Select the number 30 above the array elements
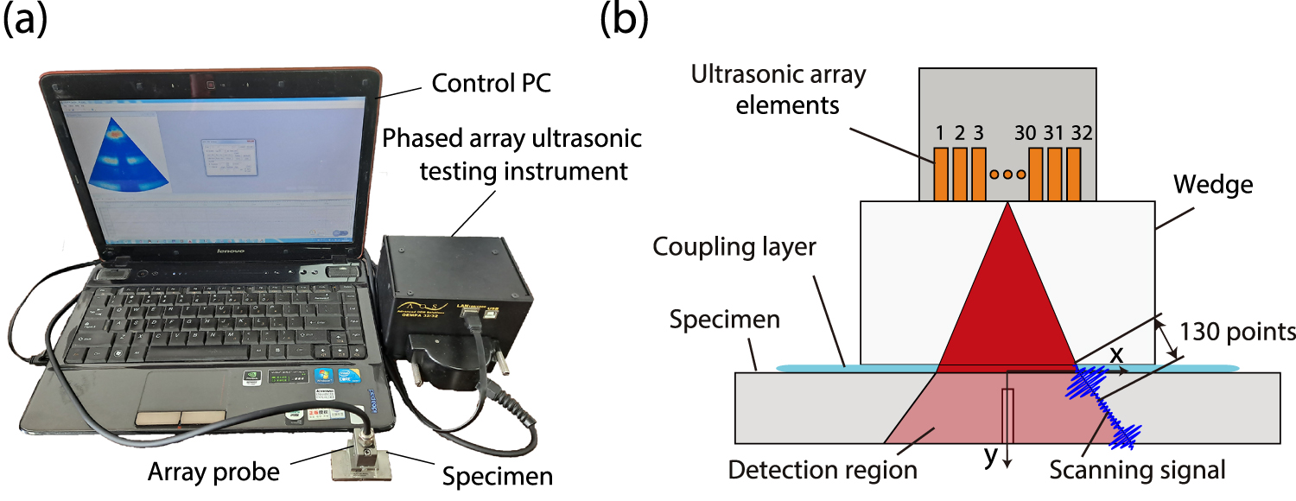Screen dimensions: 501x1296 click(x=1026, y=134)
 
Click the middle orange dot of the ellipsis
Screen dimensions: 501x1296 click(x=1007, y=174)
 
